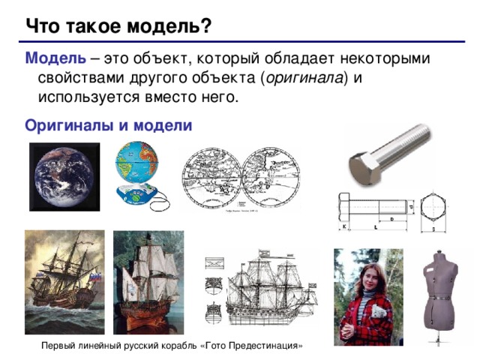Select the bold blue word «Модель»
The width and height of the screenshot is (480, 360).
coord(50,58)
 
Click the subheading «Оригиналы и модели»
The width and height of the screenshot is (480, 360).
coord(109,124)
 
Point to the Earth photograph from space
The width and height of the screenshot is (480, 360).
coord(64,176)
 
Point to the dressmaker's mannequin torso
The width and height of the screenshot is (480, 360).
coord(441,285)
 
